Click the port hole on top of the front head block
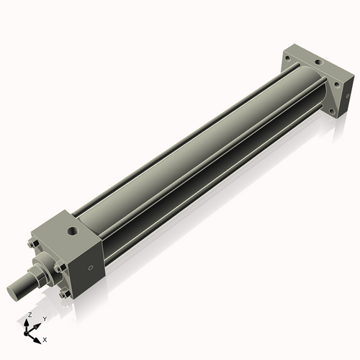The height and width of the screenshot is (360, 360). click(72, 231)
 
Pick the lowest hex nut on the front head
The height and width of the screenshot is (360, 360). click(66, 294)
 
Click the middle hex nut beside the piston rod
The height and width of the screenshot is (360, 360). click(58, 269)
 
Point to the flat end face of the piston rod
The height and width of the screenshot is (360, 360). click(14, 292)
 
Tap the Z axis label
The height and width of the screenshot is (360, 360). click(30, 315)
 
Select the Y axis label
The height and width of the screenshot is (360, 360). click(45, 318)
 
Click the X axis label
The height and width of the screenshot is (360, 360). click(45, 338)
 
